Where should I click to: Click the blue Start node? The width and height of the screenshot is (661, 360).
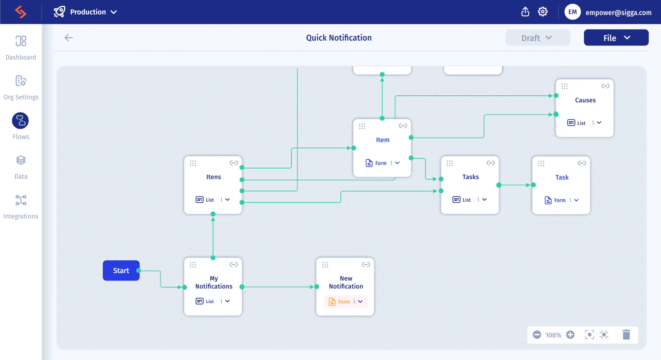point(121,270)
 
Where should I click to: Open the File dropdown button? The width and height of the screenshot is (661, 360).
point(616,38)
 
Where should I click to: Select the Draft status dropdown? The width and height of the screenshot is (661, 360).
point(537,38)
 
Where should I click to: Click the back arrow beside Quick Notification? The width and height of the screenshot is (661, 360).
point(69,38)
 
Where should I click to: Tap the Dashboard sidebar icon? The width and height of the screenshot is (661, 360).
point(21,41)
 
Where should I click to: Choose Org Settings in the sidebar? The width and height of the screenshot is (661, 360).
point(21,81)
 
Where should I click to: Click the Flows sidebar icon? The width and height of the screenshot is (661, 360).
point(20,120)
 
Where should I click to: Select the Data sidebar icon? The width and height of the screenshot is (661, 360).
point(21,160)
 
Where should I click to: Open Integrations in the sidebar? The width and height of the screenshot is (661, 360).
point(21,200)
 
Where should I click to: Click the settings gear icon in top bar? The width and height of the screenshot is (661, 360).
point(543,12)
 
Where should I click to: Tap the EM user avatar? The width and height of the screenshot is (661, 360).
point(572,12)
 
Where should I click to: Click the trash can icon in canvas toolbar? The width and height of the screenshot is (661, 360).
point(626,334)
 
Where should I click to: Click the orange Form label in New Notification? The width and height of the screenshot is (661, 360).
point(344,302)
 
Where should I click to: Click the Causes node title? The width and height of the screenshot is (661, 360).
point(585,100)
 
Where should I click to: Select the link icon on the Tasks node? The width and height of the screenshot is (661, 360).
point(490,163)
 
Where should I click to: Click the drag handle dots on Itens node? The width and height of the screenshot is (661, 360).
point(193,163)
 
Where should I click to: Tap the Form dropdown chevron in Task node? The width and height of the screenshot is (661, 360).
point(576,200)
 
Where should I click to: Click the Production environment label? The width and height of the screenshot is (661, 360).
point(88,12)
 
